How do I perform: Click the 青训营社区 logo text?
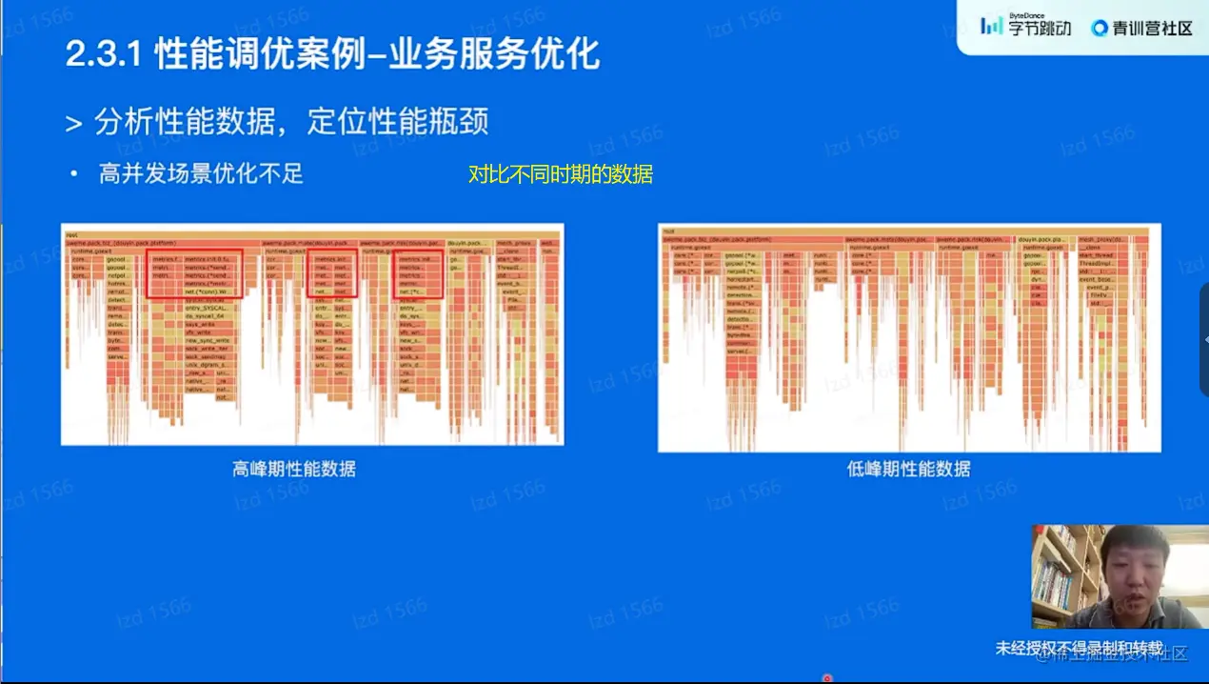1142,28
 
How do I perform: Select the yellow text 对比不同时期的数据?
561,174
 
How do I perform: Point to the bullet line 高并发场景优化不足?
201,174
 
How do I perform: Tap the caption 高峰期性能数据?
294,469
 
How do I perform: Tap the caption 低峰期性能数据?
909,469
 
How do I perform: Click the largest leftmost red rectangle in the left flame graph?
195,274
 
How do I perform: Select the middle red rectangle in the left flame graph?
333,273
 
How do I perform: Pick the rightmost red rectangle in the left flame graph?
419,274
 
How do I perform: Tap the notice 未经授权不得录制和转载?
1079,649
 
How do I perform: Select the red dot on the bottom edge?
827,678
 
